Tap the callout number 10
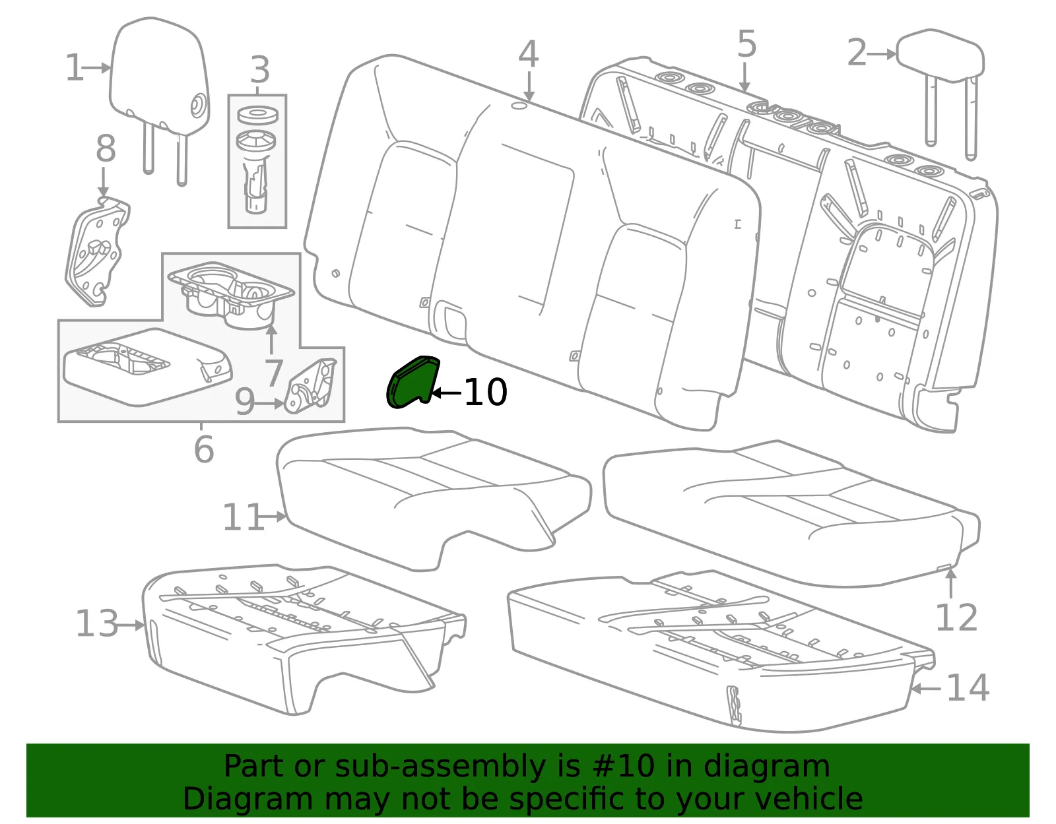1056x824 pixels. [486, 393]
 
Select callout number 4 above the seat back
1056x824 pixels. [528, 54]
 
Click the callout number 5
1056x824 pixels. [747, 44]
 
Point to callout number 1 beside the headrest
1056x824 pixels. [75, 67]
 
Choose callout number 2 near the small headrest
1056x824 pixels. [857, 53]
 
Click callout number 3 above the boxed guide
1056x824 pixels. [260, 70]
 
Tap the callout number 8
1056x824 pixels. [106, 148]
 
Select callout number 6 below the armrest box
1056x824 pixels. [204, 449]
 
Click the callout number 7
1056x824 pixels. [274, 373]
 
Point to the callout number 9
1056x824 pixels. [245, 402]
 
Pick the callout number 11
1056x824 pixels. [244, 517]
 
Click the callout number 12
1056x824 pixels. [956, 618]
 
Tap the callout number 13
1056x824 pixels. [97, 623]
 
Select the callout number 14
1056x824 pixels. [968, 688]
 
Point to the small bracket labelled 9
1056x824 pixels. [310, 386]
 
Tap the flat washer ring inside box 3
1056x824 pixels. [257, 116]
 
